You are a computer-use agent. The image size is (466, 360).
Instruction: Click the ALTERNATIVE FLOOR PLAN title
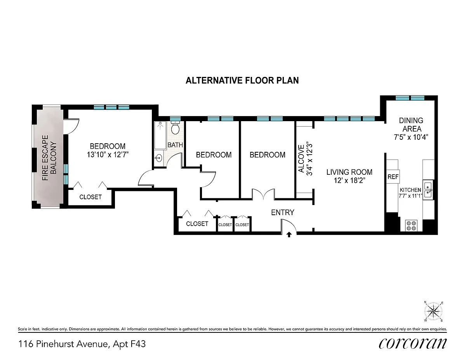(x=242, y=80)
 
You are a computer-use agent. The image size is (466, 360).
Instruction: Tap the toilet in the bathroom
(x=175, y=127)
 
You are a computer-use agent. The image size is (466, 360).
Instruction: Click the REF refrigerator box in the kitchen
(x=393, y=176)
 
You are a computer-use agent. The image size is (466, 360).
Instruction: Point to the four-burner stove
(x=411, y=226)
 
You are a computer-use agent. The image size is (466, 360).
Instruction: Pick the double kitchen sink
(x=428, y=190)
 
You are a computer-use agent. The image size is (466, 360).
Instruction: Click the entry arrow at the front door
(x=289, y=235)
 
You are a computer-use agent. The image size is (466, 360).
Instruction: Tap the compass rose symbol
(x=433, y=311)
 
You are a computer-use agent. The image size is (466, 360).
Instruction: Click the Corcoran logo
(x=412, y=344)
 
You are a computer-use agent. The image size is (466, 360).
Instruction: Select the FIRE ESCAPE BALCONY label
(x=49, y=158)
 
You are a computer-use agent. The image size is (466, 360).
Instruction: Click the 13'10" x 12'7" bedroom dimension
(x=108, y=155)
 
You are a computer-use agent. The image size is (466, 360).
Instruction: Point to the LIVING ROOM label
(x=349, y=172)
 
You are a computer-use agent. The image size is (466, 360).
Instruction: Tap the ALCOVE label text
(x=301, y=159)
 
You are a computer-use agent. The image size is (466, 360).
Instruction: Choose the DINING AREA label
(x=411, y=125)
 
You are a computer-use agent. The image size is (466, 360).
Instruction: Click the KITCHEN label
(x=410, y=190)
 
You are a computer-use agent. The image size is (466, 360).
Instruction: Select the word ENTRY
(x=282, y=212)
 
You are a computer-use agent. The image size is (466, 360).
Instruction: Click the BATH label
(x=175, y=145)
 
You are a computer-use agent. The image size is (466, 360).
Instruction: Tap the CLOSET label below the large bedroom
(x=90, y=197)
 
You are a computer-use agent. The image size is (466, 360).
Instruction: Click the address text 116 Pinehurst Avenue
(x=63, y=344)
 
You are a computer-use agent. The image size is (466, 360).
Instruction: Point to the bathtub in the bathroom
(x=160, y=135)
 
